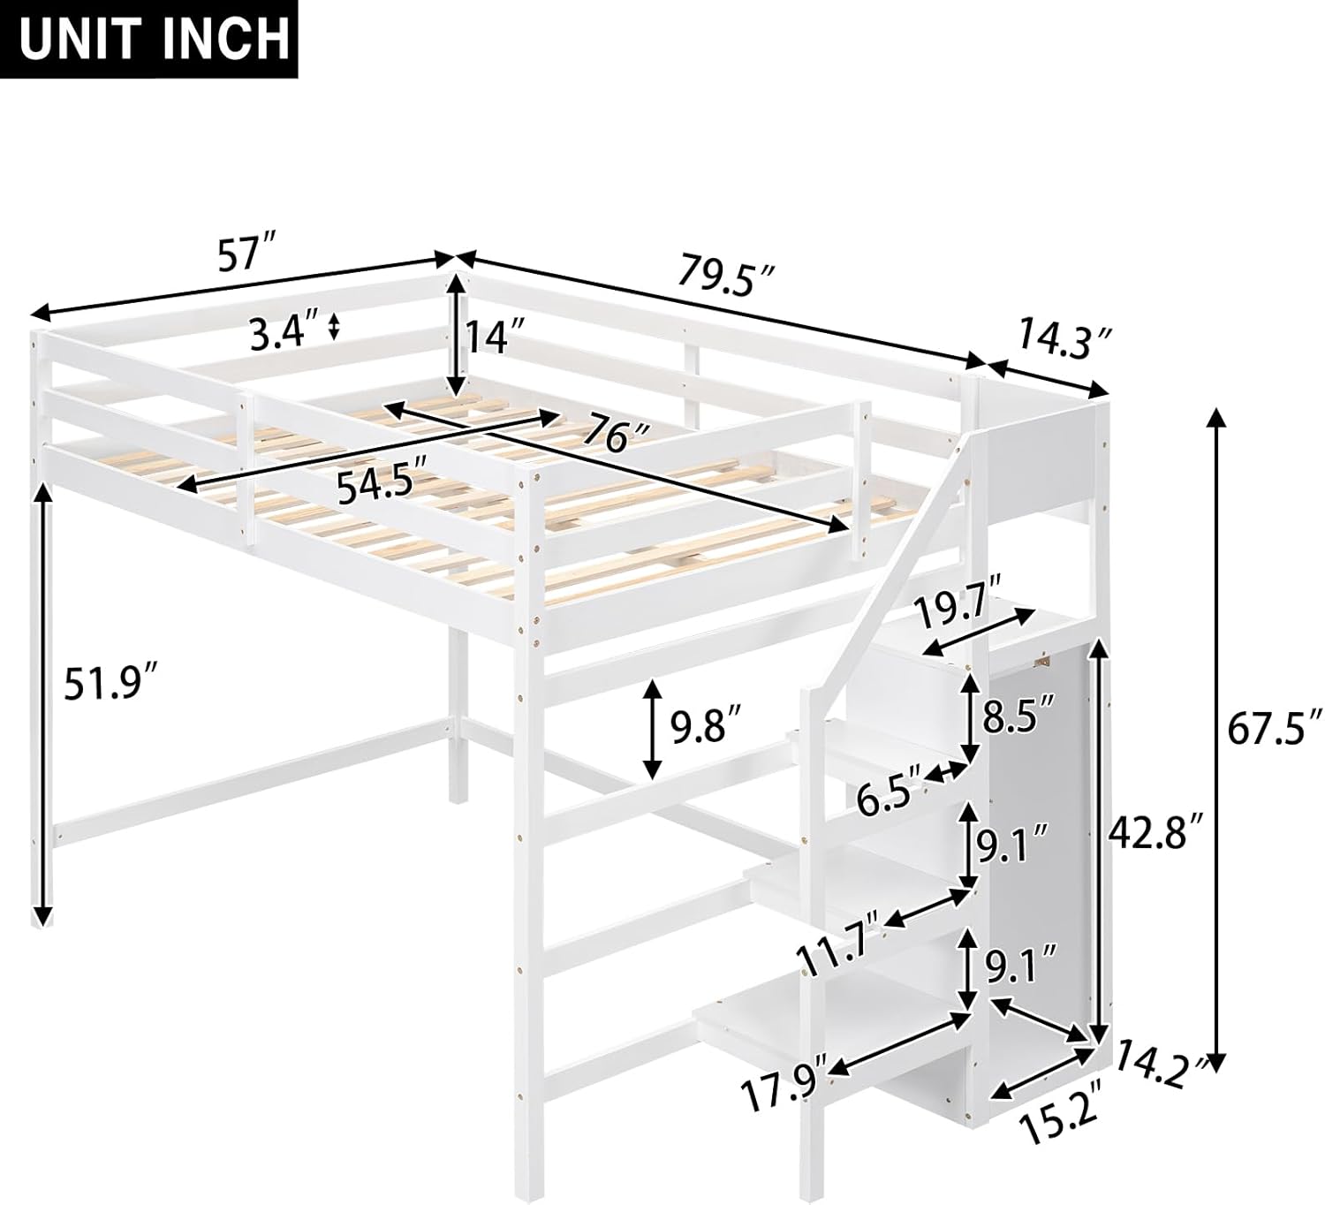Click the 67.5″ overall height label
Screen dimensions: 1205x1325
click(x=1270, y=731)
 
